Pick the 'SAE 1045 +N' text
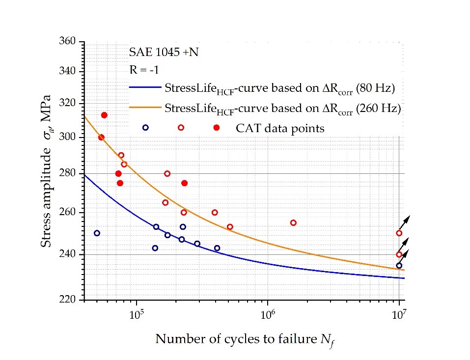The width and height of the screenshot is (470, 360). click(164, 52)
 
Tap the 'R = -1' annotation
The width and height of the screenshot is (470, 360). click(145, 70)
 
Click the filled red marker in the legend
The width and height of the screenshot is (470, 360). click(217, 128)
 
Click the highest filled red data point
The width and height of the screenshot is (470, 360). click(104, 115)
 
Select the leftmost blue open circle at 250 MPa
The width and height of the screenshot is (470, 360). click(97, 233)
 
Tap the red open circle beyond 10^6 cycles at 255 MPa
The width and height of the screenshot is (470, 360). click(293, 222)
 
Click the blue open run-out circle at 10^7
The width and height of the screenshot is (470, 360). click(399, 266)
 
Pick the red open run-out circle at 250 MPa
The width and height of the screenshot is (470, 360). click(399, 233)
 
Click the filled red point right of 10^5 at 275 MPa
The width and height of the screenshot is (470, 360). click(184, 183)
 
